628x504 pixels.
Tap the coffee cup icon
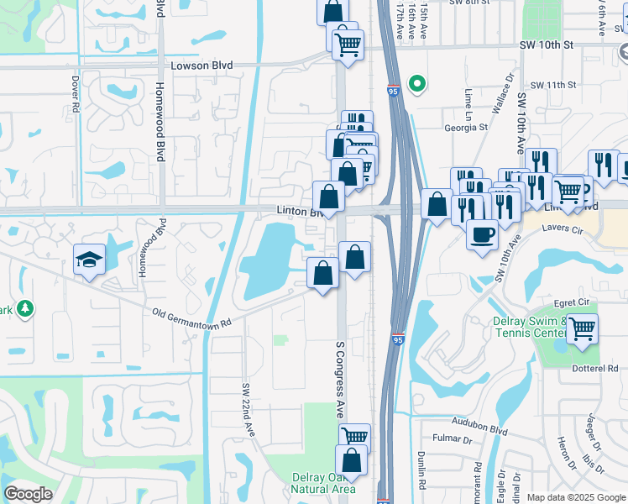[482, 234]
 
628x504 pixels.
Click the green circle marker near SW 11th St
[416, 83]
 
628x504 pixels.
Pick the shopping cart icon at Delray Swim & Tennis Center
[581, 328]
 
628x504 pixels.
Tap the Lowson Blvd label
[201, 66]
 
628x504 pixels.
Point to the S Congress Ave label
[341, 381]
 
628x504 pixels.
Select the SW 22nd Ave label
[248, 409]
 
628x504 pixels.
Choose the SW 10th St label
[546, 44]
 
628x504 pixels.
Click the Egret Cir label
[573, 303]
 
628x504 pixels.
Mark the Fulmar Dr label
[453, 439]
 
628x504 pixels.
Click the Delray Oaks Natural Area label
[323, 483]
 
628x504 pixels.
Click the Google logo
[29, 494]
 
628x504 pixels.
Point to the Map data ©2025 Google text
[575, 497]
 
